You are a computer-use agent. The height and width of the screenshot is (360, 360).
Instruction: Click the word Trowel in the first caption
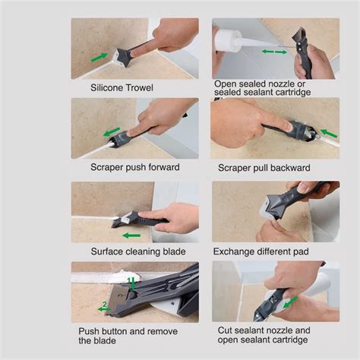[x=140, y=88]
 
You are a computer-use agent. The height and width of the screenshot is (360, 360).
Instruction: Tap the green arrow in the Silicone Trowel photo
[x=99, y=57]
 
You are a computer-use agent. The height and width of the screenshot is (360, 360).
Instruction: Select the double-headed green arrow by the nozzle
[x=274, y=52]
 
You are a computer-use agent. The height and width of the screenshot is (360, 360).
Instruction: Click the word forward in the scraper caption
[x=164, y=167]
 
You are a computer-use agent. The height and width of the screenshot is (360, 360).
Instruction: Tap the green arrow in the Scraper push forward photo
[x=112, y=132]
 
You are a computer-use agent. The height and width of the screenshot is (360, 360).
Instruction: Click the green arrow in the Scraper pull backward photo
[x=329, y=133]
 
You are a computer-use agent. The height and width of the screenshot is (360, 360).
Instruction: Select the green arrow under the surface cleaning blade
[x=131, y=235]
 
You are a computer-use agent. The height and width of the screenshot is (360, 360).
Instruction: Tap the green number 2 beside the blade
[x=104, y=304]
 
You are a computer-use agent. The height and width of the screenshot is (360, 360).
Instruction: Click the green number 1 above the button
[x=129, y=280]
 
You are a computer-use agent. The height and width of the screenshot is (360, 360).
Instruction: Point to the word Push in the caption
[x=87, y=331]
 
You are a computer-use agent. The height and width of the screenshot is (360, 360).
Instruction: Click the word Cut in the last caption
[x=224, y=330]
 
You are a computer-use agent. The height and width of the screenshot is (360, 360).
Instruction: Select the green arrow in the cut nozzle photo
[x=290, y=302]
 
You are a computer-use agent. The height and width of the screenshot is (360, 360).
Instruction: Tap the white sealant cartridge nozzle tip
[x=276, y=46]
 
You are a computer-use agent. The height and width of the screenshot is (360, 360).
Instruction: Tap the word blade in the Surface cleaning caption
[x=174, y=251]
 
